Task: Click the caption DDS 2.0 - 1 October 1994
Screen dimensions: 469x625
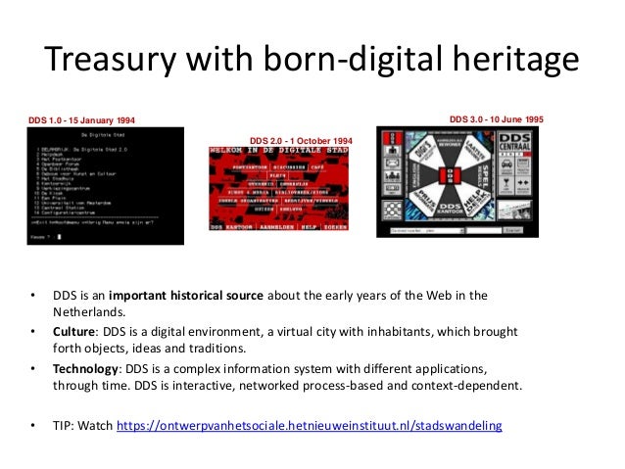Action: pyautogui.click(x=301, y=139)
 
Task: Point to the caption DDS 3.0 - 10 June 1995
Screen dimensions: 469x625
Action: pyautogui.click(x=498, y=118)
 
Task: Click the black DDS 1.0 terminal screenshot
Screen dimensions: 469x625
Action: pyautogui.click(x=106, y=185)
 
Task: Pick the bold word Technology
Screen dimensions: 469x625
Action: pyautogui.click(x=89, y=369)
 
